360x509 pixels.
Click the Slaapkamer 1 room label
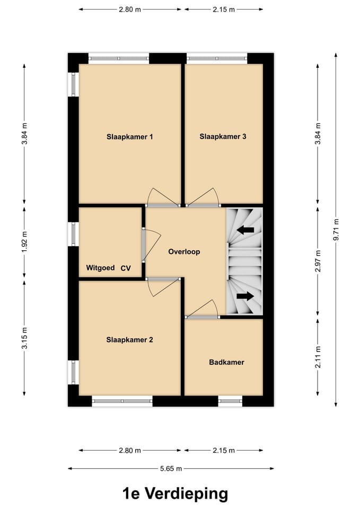[129, 137]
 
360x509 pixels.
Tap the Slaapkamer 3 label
[223, 136]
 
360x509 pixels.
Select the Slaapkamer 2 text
[129, 340]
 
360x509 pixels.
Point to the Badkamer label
[226, 363]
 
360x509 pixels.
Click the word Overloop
[184, 252]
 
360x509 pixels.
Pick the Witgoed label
[100, 268]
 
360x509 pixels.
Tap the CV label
[126, 268]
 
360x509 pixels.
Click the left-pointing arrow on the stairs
[245, 230]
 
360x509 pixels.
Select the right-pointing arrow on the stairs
[245, 296]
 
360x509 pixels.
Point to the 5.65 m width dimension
[171, 469]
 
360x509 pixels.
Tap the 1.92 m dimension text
[24, 242]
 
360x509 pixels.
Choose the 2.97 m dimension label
[317, 261]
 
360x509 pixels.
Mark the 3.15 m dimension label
[24, 338]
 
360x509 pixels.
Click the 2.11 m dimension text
[317, 357]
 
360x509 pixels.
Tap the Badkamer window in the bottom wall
[230, 401]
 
